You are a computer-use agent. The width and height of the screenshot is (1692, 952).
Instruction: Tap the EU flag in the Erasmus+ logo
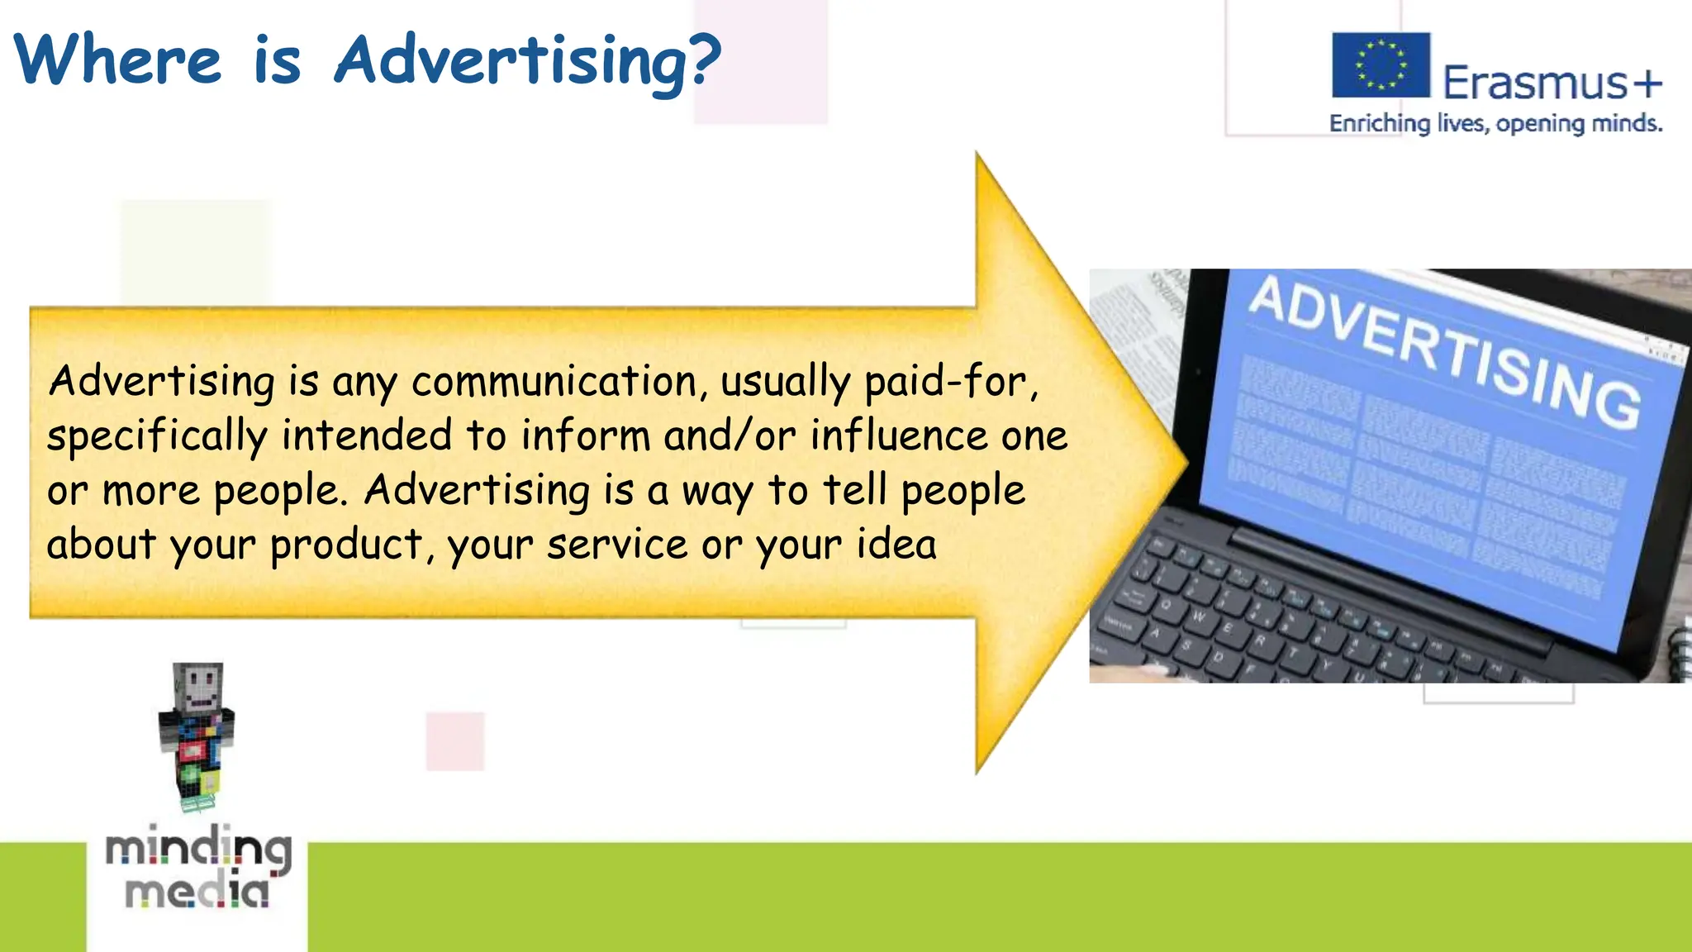tap(1380, 65)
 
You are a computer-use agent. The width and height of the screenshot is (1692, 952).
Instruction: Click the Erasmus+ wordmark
tap(1552, 83)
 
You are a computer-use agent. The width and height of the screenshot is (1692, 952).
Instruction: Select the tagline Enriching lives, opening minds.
tap(1495, 124)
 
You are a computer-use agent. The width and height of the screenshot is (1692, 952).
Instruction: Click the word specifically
tap(157, 436)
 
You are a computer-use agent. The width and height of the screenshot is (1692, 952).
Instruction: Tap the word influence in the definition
tap(898, 436)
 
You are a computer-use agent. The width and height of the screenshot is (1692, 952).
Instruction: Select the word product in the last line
tap(347, 545)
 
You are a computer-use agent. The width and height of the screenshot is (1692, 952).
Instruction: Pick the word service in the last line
tap(616, 545)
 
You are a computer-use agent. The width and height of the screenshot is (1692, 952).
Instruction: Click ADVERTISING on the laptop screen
tap(1442, 350)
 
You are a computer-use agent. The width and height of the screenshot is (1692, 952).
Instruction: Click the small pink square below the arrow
tap(455, 741)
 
